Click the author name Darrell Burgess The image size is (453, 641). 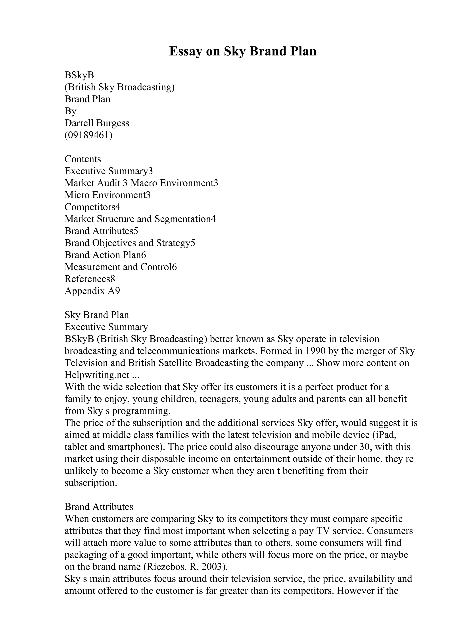point(97,123)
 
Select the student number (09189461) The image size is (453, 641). point(88,135)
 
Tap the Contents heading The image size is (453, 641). point(83,159)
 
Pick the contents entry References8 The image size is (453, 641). point(90,279)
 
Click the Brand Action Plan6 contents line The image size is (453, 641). point(105,255)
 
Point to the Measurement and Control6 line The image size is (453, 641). point(121,267)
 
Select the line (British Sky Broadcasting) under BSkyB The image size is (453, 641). point(119,87)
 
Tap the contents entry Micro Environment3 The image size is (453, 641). point(107,195)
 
